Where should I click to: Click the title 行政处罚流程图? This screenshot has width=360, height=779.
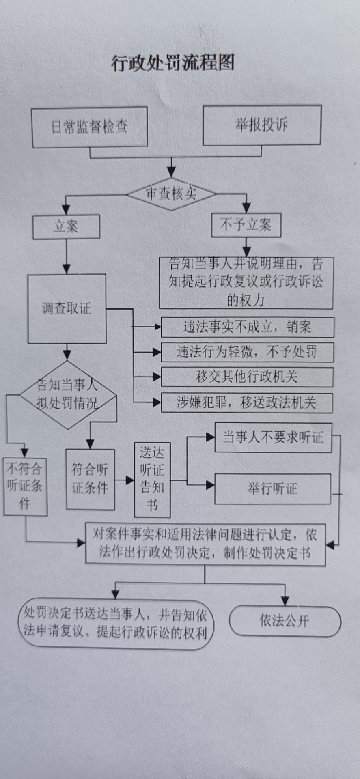point(173,63)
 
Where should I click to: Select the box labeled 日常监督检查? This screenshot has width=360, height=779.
point(89,127)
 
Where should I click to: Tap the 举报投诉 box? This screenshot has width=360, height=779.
point(262,125)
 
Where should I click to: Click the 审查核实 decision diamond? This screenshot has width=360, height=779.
point(171,194)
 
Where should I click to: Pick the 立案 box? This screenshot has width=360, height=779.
point(66,226)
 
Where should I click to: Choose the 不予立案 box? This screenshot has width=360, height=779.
point(246,225)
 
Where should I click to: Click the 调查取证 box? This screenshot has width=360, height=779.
point(67,308)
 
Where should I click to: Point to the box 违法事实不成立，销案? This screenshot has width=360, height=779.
point(247,327)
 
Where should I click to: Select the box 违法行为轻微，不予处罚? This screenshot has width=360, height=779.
point(247,352)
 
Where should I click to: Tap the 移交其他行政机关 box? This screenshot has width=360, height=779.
point(247,377)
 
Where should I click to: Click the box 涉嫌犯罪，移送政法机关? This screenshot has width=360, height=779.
point(247,402)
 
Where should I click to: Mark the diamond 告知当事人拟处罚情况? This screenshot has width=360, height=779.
point(67,394)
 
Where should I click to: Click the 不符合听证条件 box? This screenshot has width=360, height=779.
point(25,486)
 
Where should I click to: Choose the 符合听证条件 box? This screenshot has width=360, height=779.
point(90,479)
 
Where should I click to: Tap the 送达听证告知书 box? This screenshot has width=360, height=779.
point(152,480)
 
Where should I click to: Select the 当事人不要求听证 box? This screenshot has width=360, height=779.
point(273,437)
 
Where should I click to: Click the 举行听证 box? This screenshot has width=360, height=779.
point(272,488)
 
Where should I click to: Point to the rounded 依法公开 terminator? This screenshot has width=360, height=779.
point(285,621)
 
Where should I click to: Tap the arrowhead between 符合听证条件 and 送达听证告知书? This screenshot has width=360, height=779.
point(130,480)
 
